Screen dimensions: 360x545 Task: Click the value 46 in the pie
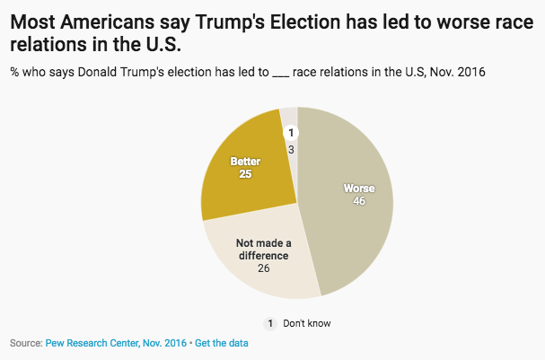click(359, 202)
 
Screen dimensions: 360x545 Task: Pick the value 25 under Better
click(244, 174)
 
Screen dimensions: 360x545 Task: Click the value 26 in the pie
click(262, 268)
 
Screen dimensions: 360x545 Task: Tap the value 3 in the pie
click(291, 148)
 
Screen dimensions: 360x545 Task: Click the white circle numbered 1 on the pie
click(290, 133)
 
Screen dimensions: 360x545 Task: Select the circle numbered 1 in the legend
click(268, 323)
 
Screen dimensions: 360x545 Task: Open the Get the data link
click(222, 344)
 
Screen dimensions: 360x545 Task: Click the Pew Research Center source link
click(116, 344)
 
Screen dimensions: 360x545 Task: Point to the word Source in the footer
click(24, 344)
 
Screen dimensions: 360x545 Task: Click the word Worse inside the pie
click(359, 189)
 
